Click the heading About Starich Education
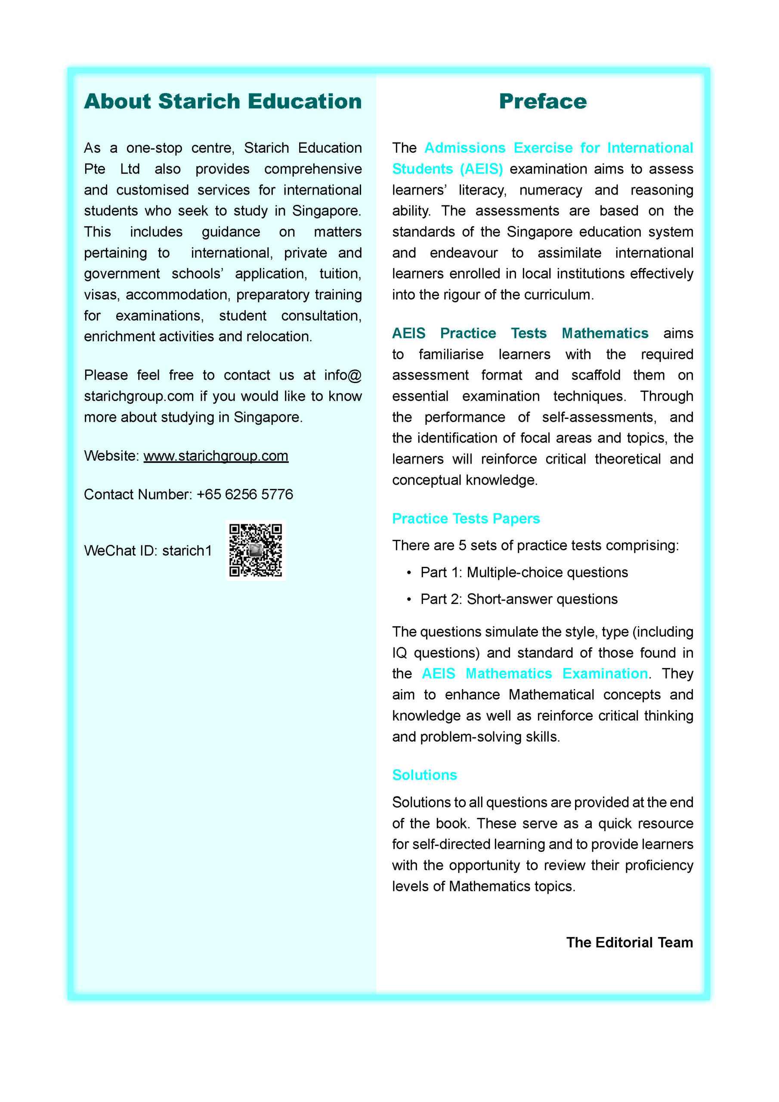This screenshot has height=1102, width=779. [223, 102]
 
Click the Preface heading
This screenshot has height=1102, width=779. [542, 102]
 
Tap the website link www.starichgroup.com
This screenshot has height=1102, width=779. [216, 455]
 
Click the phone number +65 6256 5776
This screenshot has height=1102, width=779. [245, 494]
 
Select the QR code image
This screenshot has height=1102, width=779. [255, 550]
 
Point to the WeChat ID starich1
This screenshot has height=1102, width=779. [187, 551]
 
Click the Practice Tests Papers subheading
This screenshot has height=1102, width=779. [466, 518]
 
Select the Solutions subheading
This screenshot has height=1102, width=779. [424, 775]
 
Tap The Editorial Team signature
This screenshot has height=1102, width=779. [629, 942]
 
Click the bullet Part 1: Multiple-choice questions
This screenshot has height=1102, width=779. [524, 572]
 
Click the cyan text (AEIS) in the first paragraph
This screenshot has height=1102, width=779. [482, 169]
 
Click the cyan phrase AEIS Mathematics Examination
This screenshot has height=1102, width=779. [535, 673]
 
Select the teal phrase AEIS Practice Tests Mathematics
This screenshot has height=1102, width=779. [520, 333]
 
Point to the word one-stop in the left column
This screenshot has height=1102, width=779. [154, 148]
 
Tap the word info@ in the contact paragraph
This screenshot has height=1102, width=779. [343, 375]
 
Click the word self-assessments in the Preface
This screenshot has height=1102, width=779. [599, 417]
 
